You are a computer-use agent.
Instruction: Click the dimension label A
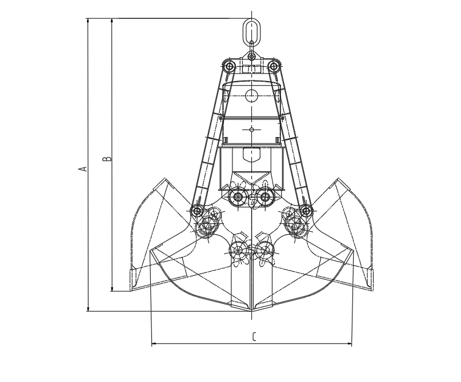pos(83,168)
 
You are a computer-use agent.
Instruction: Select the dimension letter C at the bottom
pos(254,336)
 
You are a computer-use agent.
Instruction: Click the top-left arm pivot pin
pos(230,67)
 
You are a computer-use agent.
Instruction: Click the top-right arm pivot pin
pos(274,67)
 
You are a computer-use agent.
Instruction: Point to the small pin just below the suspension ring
pos(252,57)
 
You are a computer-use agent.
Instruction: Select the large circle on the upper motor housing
pos(252,95)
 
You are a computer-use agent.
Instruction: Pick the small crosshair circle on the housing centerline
pos(252,130)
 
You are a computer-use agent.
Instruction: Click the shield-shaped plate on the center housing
pos(252,154)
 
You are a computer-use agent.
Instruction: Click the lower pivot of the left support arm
pos(197,211)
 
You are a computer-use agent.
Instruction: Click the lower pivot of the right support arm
pos(306,211)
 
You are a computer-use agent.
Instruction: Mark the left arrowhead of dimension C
pos(153,344)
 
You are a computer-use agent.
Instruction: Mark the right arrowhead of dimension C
pos(351,344)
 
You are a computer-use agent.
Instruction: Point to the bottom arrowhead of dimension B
pos(112,289)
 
